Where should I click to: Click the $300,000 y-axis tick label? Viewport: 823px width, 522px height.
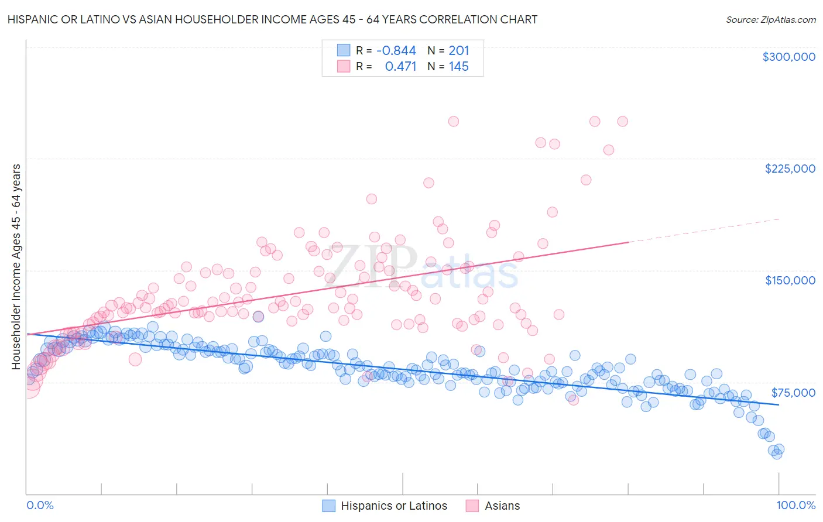(788, 57)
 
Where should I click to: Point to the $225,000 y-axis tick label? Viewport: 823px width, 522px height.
(790, 169)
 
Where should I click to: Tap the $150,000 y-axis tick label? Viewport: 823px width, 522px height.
(790, 280)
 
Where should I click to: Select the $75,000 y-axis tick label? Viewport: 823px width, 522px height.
(793, 393)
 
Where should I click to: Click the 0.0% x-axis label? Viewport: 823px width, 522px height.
(40, 505)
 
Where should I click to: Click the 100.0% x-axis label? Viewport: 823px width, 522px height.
(795, 505)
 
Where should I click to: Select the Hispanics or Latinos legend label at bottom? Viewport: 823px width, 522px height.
(394, 506)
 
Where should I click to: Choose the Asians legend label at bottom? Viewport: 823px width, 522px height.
(502, 506)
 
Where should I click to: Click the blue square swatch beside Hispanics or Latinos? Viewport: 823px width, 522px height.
(329, 506)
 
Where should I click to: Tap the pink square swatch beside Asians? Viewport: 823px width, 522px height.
(472, 506)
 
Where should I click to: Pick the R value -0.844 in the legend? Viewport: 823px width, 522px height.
(396, 51)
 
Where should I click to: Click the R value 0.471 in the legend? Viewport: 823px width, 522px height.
(400, 67)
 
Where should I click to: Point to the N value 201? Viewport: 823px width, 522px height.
(459, 51)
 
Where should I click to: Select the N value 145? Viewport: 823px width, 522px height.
(459, 67)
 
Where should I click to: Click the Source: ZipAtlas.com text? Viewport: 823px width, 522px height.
(770, 20)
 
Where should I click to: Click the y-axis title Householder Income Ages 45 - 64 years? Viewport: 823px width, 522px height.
(16, 267)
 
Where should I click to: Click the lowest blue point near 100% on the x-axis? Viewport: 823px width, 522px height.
(776, 453)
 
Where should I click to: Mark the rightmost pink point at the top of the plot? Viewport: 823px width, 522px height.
(622, 121)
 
